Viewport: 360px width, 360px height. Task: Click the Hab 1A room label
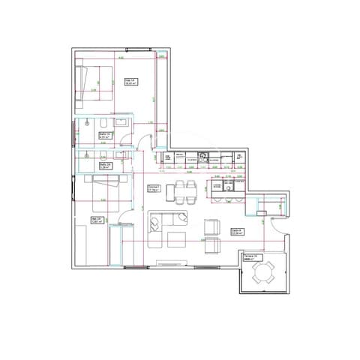129,82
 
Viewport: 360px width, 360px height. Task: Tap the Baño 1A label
105,136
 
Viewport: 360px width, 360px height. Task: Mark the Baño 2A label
105,166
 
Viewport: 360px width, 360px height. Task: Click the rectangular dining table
181,191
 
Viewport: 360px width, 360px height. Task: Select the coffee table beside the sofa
177,239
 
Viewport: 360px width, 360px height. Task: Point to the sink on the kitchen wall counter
202,157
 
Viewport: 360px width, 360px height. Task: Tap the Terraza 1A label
250,257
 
